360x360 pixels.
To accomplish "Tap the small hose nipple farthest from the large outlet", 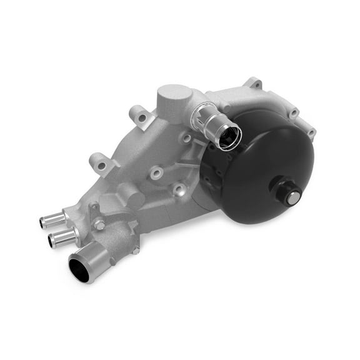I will tap(51, 219).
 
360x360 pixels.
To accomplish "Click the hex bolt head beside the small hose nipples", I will tap(97, 224).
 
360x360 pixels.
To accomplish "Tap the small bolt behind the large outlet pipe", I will tap(134, 250).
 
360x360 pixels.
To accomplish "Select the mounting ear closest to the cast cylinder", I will tap(138, 116).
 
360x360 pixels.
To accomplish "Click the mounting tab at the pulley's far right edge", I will tap(310, 132).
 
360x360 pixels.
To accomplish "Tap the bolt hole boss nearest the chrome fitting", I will tap(187, 138).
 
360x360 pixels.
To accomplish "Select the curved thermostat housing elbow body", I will tap(116, 234).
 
